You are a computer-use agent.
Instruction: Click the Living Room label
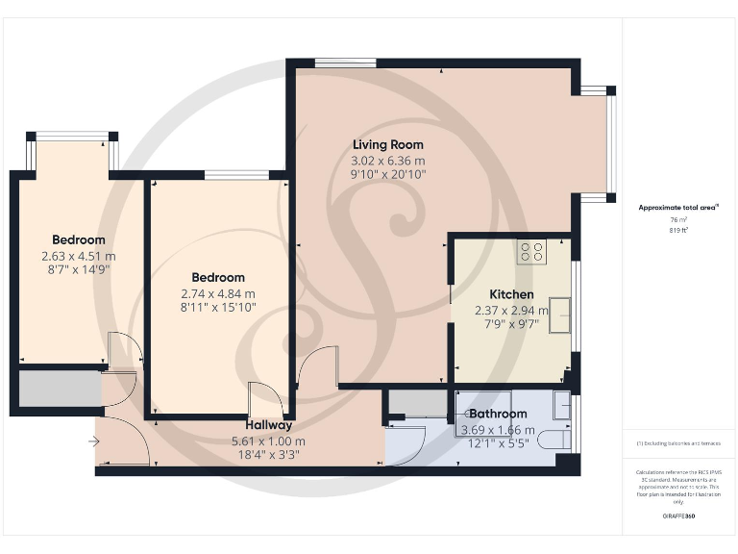click(x=387, y=145)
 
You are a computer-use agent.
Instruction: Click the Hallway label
click(x=268, y=424)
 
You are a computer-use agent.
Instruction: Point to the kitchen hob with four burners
click(x=531, y=252)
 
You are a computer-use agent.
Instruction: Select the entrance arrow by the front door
click(x=92, y=441)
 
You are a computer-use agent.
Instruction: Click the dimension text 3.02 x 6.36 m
click(x=387, y=161)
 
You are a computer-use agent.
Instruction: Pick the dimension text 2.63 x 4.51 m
click(x=79, y=256)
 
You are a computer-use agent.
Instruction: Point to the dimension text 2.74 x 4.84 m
click(x=219, y=293)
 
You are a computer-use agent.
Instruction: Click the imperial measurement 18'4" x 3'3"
click(x=268, y=455)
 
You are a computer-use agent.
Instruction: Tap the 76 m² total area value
click(x=678, y=220)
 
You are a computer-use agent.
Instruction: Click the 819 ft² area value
click(x=678, y=231)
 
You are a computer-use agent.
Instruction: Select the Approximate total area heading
click(x=678, y=208)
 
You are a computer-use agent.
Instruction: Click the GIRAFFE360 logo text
click(x=678, y=516)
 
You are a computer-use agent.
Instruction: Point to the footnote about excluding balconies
click(x=678, y=443)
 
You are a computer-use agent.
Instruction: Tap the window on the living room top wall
click(x=346, y=63)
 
